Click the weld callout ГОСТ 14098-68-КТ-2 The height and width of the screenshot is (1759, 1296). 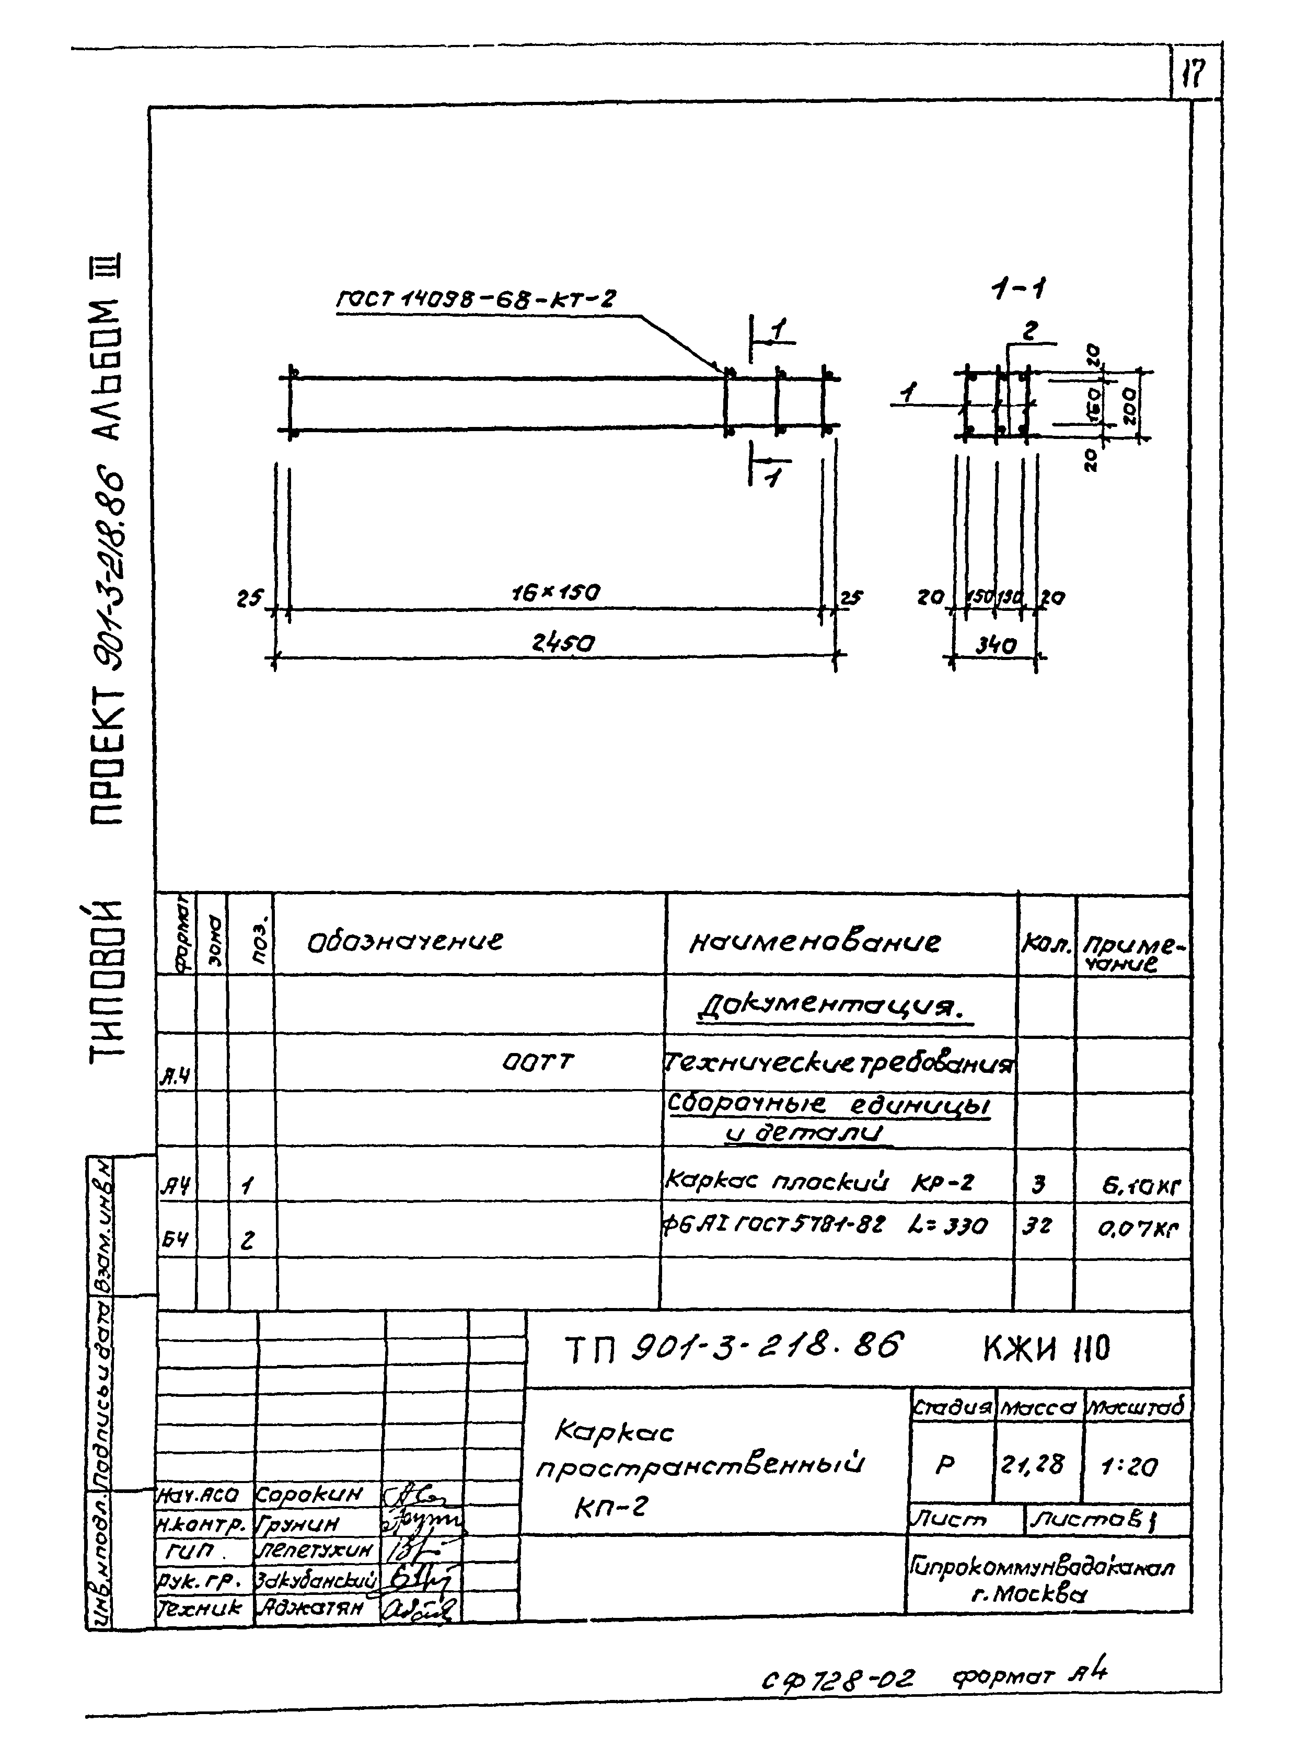tap(476, 299)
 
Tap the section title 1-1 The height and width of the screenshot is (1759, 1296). tap(1019, 290)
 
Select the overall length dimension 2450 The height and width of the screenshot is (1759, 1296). tap(562, 643)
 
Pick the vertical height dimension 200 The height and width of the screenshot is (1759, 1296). tap(1130, 404)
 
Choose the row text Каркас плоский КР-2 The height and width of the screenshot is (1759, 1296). tap(819, 1181)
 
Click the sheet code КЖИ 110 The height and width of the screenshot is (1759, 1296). tap(1047, 1349)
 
